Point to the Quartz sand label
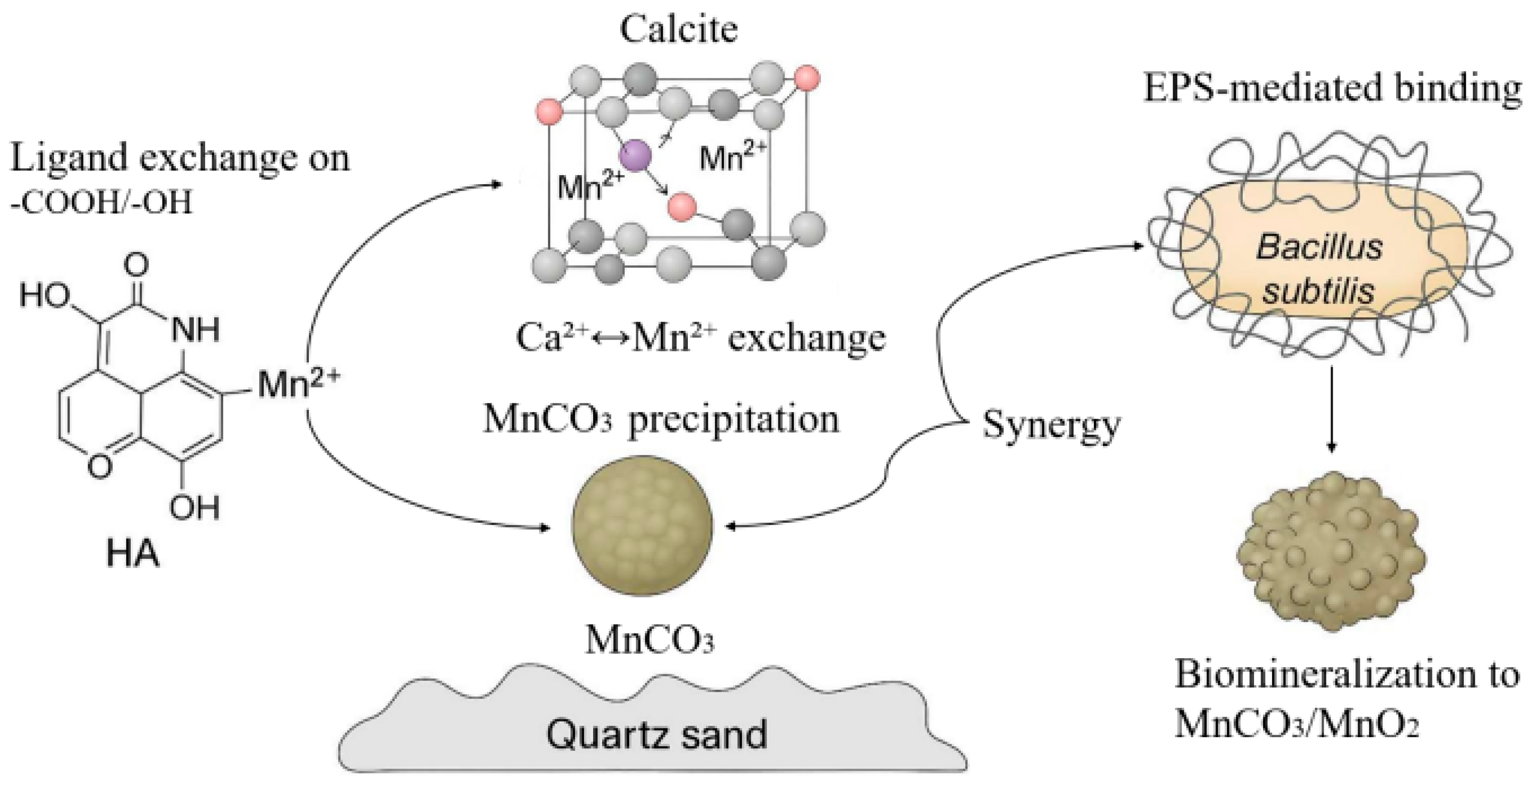(x=656, y=734)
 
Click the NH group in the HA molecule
(x=195, y=329)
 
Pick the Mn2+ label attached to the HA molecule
(x=298, y=384)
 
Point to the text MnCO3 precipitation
(x=661, y=420)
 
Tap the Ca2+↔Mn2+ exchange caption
(x=700, y=338)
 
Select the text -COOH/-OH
(x=101, y=202)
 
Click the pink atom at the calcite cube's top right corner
(x=807, y=79)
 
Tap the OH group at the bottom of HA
(x=194, y=507)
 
